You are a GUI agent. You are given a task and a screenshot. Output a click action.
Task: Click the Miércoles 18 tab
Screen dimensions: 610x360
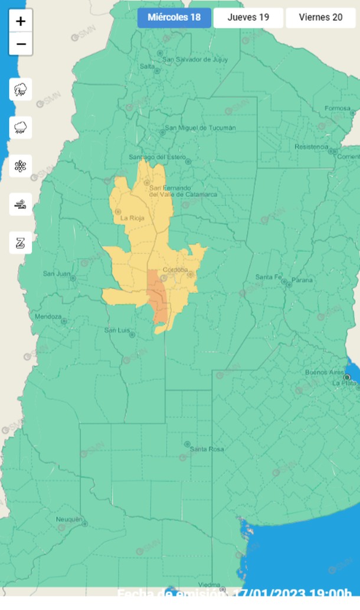point(174,17)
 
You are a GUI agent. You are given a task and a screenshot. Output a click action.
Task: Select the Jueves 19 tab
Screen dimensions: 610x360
point(248,17)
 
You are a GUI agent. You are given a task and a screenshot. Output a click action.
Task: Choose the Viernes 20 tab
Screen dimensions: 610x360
point(320,17)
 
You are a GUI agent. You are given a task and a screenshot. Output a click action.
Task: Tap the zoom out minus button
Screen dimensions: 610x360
point(21,44)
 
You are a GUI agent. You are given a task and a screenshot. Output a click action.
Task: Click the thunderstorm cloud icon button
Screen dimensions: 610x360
point(21,90)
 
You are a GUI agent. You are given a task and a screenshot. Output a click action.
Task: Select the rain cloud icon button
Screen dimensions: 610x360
point(21,127)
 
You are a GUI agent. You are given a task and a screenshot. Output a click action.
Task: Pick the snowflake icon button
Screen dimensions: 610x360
point(21,166)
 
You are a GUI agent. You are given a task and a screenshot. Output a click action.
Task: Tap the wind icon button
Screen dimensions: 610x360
point(21,204)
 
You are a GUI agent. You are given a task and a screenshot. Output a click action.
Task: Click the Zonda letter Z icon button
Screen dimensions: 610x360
point(21,242)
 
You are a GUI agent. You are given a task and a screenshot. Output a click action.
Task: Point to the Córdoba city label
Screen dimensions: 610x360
point(175,270)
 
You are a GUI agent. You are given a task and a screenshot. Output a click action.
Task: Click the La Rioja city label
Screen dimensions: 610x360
point(132,218)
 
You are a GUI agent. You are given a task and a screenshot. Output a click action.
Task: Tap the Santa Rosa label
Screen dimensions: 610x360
point(207,449)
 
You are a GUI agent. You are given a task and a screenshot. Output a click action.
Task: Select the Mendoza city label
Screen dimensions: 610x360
point(48,316)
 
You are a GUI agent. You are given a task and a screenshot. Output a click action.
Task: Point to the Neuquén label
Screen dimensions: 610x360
point(69,519)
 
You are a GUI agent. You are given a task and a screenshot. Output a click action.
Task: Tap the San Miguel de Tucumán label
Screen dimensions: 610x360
point(200,127)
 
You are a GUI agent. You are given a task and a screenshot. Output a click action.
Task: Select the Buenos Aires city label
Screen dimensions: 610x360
point(324,372)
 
